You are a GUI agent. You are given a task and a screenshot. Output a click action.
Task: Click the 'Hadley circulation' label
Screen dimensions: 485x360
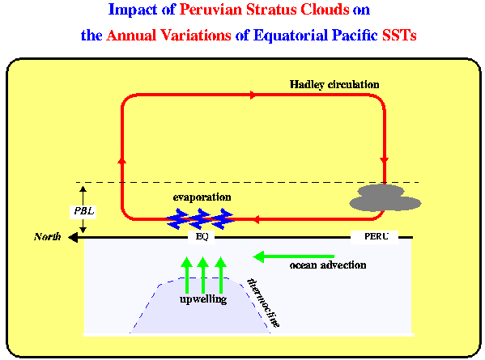334,85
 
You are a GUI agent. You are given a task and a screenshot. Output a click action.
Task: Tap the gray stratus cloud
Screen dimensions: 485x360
385,198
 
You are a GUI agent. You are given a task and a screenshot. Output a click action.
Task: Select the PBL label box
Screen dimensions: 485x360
83,212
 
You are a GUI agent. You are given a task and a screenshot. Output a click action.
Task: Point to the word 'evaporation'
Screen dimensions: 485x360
202,197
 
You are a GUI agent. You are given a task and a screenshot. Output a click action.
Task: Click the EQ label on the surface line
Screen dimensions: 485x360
202,237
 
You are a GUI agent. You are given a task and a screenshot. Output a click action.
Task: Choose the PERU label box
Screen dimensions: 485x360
375,237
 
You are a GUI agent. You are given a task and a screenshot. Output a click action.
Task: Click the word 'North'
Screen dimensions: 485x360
47,237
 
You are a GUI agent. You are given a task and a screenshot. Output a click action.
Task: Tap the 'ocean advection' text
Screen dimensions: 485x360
328,265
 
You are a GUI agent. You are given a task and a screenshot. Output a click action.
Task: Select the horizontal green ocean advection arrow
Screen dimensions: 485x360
294,256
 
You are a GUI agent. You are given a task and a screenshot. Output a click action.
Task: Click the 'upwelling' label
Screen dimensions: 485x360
203,299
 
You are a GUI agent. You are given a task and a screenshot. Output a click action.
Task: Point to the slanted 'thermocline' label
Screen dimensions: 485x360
263,303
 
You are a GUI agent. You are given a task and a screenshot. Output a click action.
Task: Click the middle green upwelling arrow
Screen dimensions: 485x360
203,275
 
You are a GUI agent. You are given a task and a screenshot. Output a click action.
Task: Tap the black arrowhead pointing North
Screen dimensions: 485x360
73,237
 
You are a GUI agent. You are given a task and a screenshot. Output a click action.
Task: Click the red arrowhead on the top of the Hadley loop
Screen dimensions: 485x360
253,95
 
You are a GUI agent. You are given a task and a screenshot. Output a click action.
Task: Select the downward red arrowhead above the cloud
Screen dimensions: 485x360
385,161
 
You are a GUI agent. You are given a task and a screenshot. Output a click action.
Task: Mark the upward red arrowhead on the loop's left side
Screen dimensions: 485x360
122,160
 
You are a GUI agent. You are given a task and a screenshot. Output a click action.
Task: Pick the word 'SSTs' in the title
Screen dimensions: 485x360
399,36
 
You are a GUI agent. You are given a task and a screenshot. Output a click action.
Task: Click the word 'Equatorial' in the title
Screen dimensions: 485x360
291,36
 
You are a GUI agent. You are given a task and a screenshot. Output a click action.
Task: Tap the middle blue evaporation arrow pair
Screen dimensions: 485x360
200,219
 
